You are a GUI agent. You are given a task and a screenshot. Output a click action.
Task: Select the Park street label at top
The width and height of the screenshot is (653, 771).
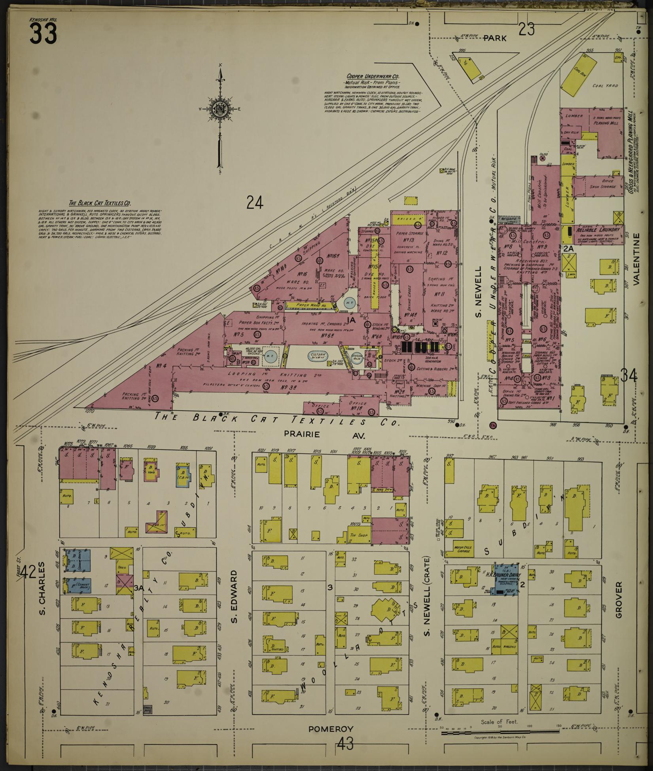click(494, 38)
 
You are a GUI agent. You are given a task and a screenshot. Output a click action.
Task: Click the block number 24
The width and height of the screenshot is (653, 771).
click(255, 203)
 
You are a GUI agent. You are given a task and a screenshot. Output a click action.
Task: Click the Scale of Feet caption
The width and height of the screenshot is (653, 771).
click(499, 722)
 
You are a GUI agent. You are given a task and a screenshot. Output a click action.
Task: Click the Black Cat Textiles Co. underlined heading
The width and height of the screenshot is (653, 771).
click(100, 203)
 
